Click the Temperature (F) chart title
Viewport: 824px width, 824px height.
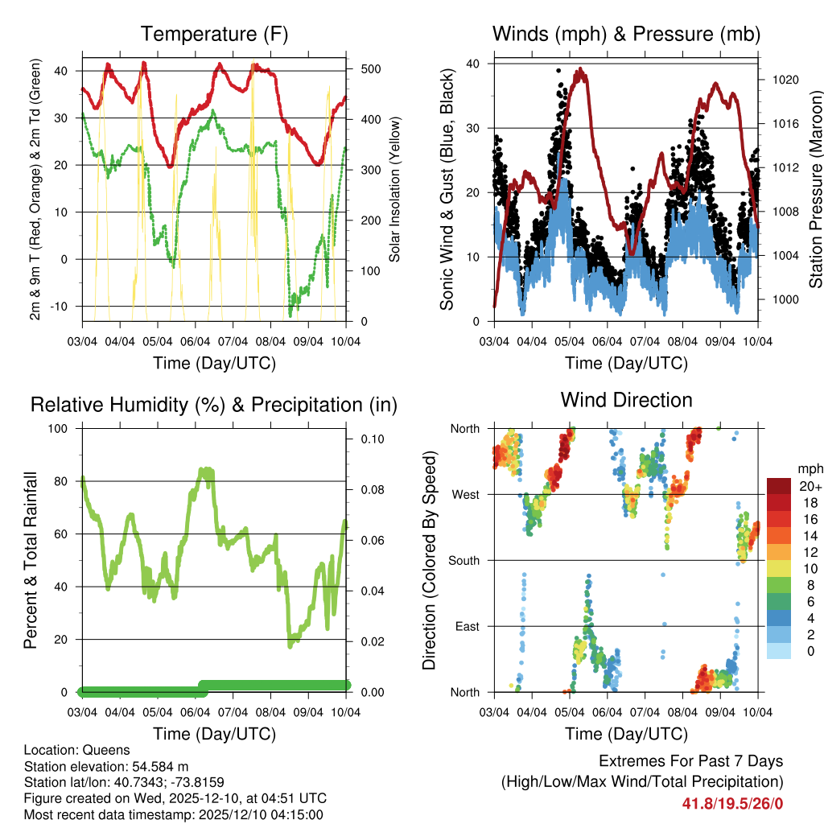pyautogui.click(x=214, y=34)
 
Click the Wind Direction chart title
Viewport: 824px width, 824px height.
pyautogui.click(x=626, y=400)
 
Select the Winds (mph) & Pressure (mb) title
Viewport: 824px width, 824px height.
pyautogui.click(x=626, y=34)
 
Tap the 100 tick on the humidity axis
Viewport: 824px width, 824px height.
pyautogui.click(x=61, y=428)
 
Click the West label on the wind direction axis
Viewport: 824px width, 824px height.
pyautogui.click(x=465, y=494)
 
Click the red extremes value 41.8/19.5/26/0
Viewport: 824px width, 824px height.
pyautogui.click(x=732, y=803)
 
